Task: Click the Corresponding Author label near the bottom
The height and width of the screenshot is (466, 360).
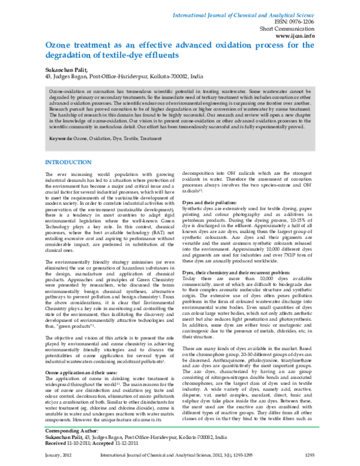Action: (x=72, y=431)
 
